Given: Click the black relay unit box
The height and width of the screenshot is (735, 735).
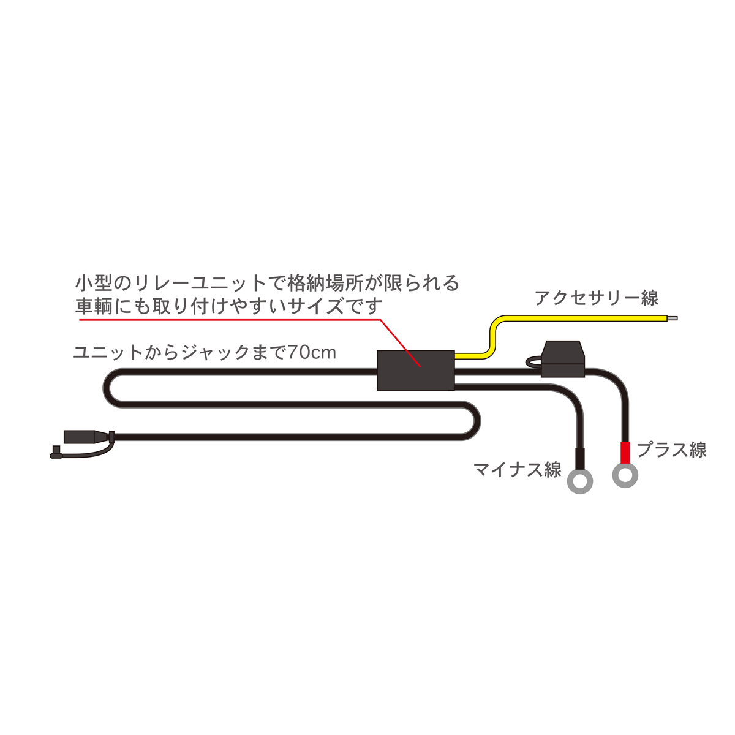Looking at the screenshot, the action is point(415,370).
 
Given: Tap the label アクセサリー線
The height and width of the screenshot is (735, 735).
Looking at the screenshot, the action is point(597,298).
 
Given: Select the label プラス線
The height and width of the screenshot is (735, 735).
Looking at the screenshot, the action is point(671,450).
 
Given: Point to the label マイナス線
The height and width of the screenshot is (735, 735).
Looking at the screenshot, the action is point(517,469).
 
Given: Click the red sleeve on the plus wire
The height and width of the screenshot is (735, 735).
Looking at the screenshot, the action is point(625,452).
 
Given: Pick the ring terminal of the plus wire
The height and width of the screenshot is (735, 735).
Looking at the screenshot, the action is point(625,475).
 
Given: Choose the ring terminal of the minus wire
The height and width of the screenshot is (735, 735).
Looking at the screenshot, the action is point(580,481).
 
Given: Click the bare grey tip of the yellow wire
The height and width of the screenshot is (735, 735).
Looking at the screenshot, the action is point(672,318).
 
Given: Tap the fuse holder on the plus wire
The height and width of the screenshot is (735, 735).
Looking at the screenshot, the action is point(563,359).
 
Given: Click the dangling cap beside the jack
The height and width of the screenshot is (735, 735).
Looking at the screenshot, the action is point(56,452).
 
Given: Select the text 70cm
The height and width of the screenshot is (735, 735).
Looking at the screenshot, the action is point(312,352).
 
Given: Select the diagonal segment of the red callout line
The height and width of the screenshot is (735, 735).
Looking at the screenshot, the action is point(401,343).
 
